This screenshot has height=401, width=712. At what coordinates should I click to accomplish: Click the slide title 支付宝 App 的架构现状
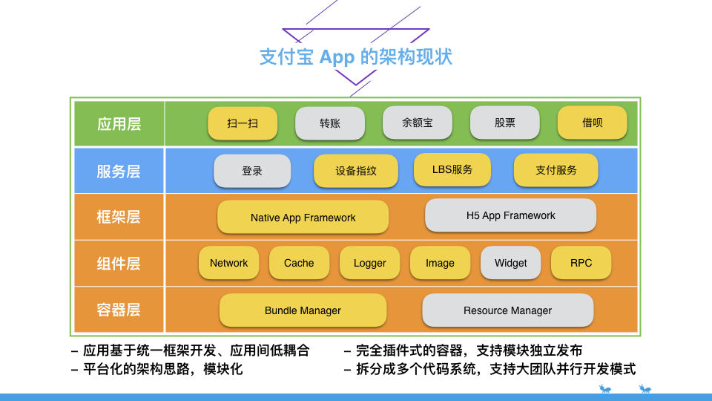pos(355,57)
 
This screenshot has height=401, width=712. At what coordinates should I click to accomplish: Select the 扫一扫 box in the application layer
pos(243,123)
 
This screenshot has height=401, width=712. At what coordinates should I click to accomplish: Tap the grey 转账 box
pos(330,123)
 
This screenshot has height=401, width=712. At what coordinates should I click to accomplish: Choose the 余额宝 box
pos(418,123)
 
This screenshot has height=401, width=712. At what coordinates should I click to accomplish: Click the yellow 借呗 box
pos(592,123)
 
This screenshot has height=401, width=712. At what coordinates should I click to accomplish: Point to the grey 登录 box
pos(252,171)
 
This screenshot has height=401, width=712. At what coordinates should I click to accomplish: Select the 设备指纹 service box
pos(356,171)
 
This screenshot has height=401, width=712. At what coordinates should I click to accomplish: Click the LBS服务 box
pos(452,169)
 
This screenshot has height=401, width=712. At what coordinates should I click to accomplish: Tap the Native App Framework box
pos(303,218)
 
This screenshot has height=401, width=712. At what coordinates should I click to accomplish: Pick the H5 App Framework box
pos(510,215)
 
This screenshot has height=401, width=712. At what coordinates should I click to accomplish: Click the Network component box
pos(229,263)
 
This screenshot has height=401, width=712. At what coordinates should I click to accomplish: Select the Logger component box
pos(369,263)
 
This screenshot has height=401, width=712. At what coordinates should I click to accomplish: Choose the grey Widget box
pos(510,263)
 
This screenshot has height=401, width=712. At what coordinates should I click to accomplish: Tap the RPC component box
pos(581,263)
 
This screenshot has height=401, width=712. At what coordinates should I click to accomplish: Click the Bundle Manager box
pos(303,310)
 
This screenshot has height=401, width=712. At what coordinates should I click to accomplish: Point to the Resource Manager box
pos(507,310)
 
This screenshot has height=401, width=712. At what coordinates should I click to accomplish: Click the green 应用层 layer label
pos(119,124)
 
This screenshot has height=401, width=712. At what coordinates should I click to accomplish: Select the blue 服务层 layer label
pos(119,171)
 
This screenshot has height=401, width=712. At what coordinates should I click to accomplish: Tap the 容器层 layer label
pos(119,310)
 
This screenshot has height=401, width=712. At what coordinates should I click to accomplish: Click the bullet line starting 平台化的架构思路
pos(157,369)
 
